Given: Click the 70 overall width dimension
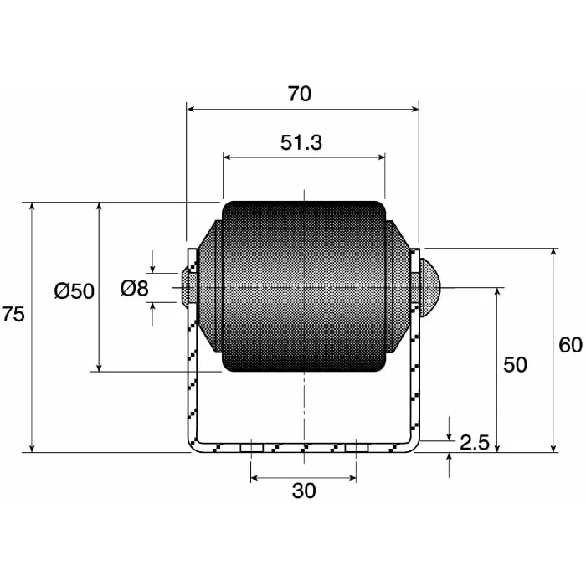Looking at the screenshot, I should tap(299, 94).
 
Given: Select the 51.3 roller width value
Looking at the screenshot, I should tap(301, 143).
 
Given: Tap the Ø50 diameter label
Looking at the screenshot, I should tap(75, 290).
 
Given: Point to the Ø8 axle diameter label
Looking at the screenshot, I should tap(134, 289).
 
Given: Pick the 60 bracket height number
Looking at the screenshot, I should tap(570, 345).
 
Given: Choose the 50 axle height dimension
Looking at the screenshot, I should tap(515, 365).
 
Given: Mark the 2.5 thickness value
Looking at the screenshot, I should tap(475, 443).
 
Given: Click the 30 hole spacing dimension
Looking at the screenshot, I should tap(304, 491).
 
